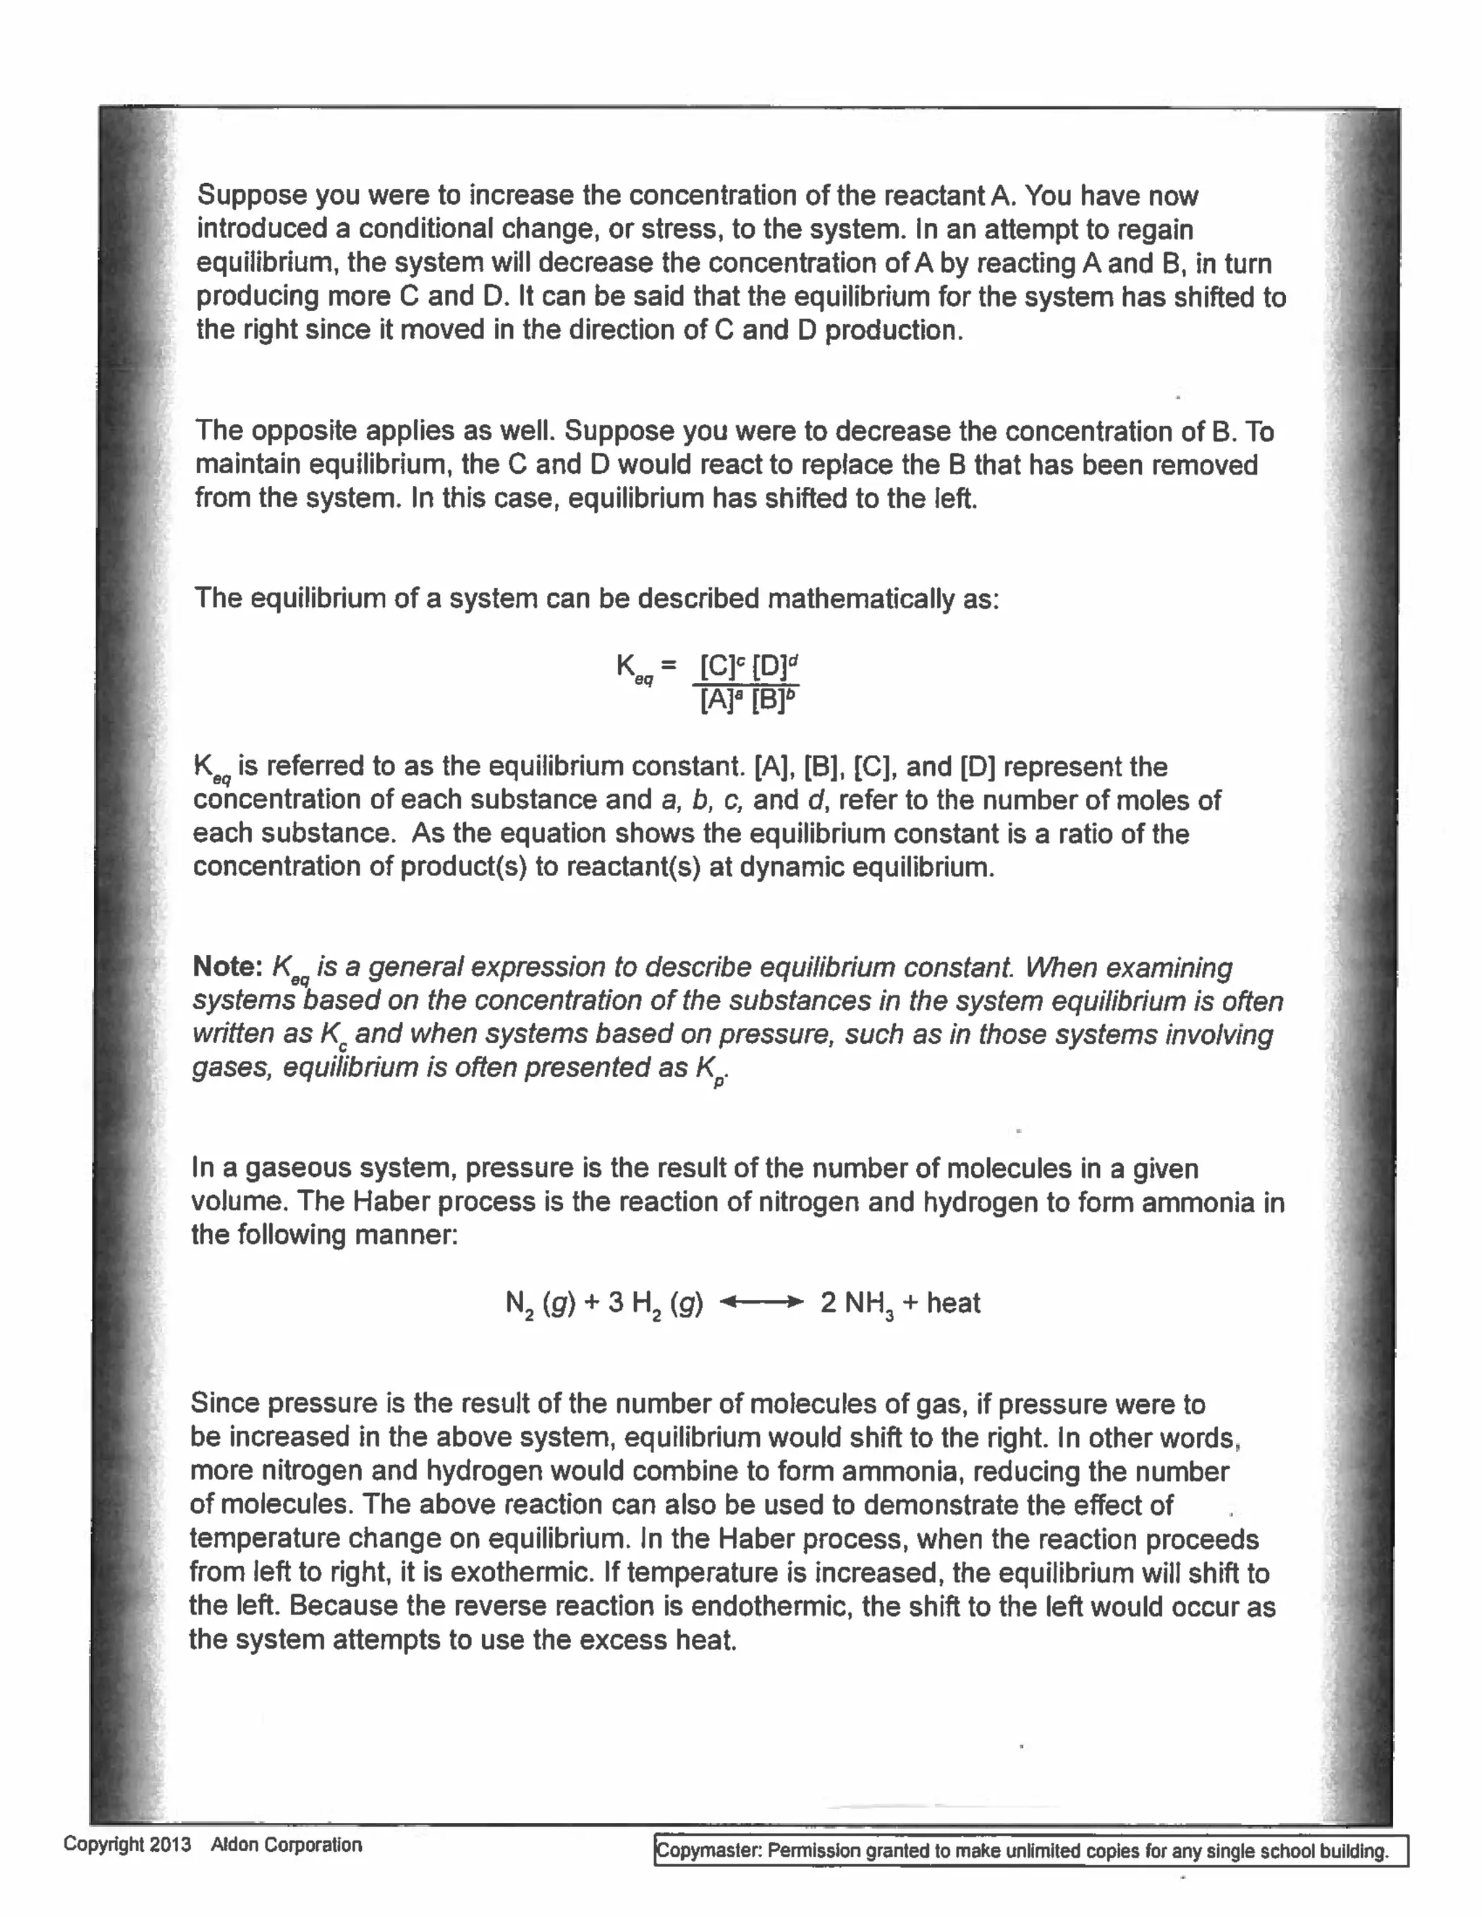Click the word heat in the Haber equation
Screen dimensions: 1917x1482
click(x=952, y=1303)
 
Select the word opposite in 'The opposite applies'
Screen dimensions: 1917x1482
click(x=304, y=431)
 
